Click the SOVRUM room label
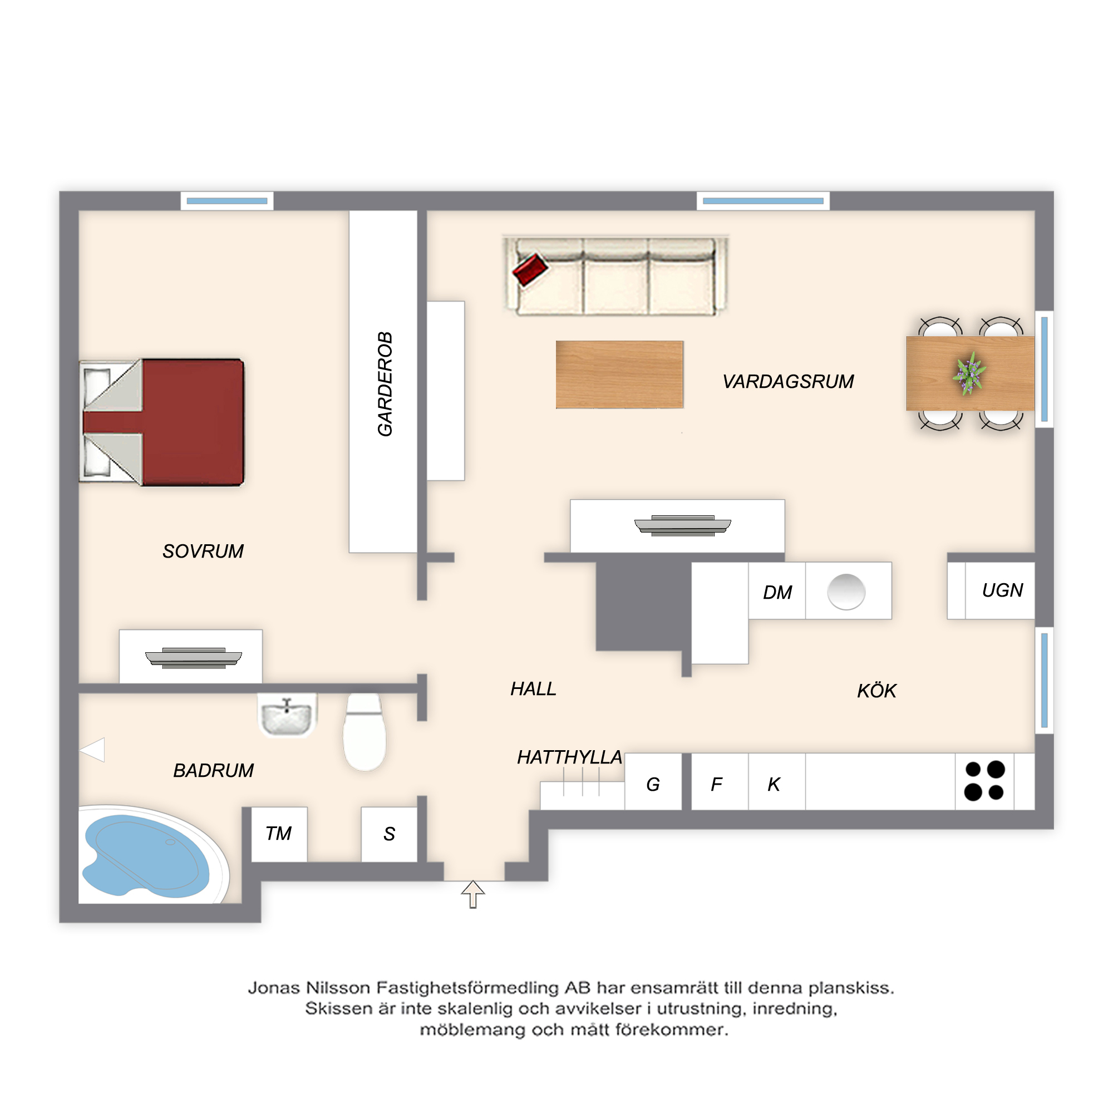pos(203,551)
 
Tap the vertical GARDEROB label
pos(385,383)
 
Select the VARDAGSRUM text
pos(788,381)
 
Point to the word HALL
pos(533,689)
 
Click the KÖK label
pos(876,690)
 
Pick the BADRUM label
pos(213,770)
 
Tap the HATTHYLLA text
pos(569,757)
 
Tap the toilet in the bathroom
pos(364,732)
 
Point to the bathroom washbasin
pos(287,716)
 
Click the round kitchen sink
pos(846,592)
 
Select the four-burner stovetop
pos(984,781)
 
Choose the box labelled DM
pos(776,590)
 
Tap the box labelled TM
pos(279,834)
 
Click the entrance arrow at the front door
pos(473,894)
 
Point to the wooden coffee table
pos(619,375)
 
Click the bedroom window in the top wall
pos(227,201)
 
